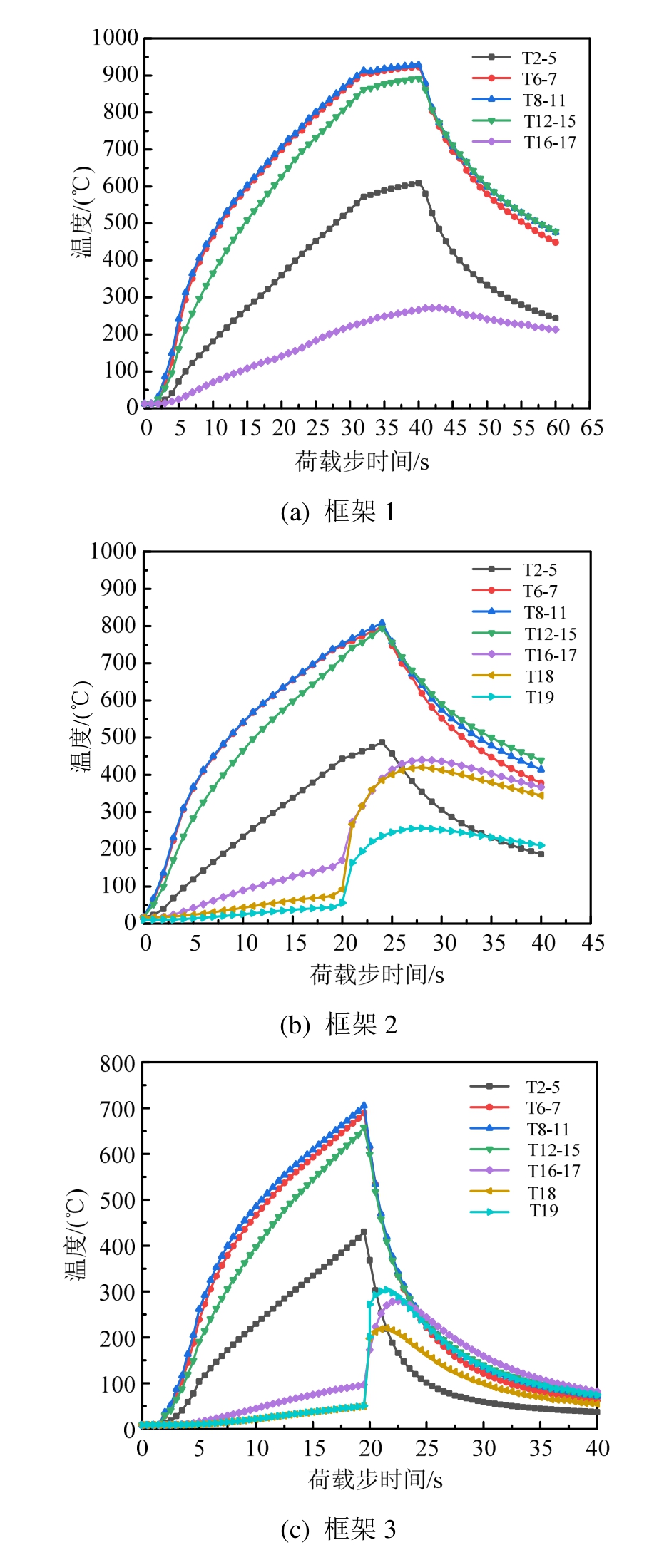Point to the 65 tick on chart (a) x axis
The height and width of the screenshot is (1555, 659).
(x=591, y=428)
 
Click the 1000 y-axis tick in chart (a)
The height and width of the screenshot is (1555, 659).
(x=116, y=38)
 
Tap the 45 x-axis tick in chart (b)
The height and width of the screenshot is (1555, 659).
(x=592, y=943)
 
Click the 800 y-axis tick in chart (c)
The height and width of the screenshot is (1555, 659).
(x=118, y=1064)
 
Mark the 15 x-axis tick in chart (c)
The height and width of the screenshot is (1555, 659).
(x=314, y=1448)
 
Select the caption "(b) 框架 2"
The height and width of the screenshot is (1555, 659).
(x=338, y=1025)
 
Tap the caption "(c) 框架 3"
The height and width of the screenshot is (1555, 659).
(x=338, y=1528)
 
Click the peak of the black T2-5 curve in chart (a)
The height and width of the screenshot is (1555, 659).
(x=419, y=183)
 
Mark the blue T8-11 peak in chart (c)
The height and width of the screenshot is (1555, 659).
(x=364, y=1106)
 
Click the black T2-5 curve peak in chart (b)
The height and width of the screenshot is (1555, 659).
(x=382, y=743)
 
